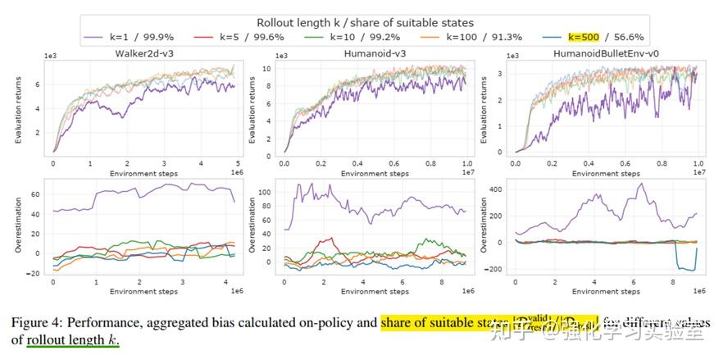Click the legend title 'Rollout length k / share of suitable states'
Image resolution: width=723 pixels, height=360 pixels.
point(365,23)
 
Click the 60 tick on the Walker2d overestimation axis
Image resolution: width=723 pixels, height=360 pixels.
point(34,194)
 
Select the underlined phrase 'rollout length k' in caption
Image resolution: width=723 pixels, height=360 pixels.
point(72,339)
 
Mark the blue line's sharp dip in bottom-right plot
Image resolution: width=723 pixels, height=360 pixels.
point(684,267)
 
